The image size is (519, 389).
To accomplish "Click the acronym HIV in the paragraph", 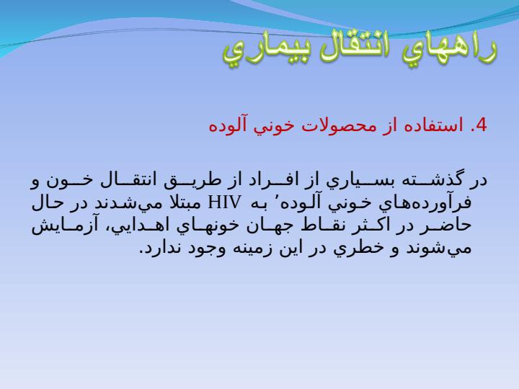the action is click(x=224, y=202).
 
